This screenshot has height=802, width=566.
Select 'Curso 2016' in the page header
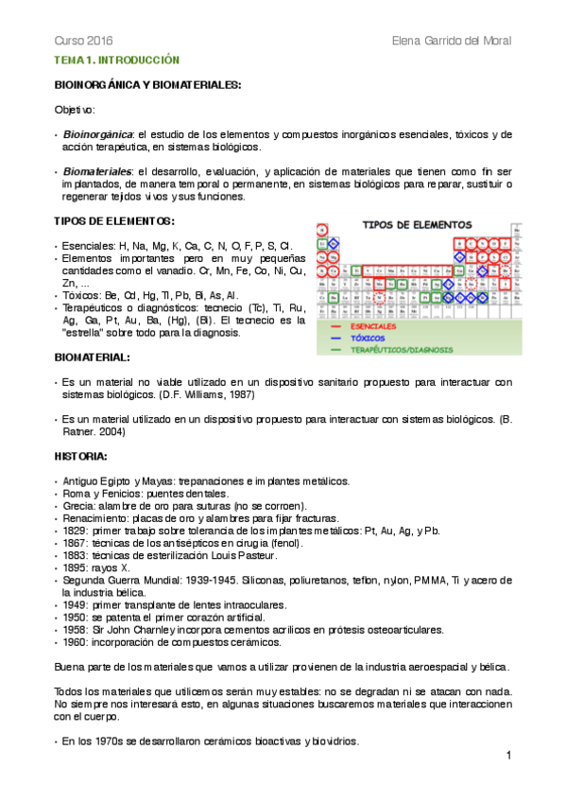[x=82, y=42]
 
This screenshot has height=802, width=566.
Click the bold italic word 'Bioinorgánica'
[x=97, y=134]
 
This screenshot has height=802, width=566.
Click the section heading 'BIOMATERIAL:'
[x=92, y=357]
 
